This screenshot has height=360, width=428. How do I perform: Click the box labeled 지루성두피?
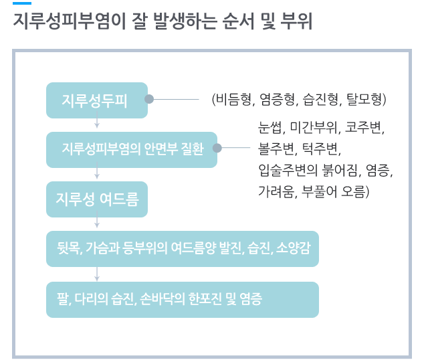click(x=97, y=100)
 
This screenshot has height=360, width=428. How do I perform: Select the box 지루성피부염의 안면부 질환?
click(x=132, y=150)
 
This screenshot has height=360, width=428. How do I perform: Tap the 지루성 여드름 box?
click(x=97, y=199)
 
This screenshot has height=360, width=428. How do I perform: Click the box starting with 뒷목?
click(x=183, y=249)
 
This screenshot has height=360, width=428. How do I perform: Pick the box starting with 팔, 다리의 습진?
click(x=183, y=300)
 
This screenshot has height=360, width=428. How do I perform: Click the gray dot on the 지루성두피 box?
click(x=149, y=99)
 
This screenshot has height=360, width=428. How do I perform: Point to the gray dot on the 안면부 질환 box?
click(x=217, y=148)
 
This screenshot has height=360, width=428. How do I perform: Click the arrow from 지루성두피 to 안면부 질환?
click(x=97, y=119)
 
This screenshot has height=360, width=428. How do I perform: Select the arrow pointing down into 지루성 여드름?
click(x=97, y=170)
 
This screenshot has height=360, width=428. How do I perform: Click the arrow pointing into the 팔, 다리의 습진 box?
click(x=97, y=274)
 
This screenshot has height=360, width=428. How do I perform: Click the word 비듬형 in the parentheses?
click(x=233, y=99)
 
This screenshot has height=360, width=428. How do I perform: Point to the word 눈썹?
click(x=270, y=127)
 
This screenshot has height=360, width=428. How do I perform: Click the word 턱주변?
click(x=320, y=149)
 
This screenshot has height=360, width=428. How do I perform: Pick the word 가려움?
click(x=276, y=191)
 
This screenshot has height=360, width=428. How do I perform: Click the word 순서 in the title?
click(x=238, y=21)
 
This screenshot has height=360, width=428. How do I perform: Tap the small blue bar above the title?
click(x=22, y=3)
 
